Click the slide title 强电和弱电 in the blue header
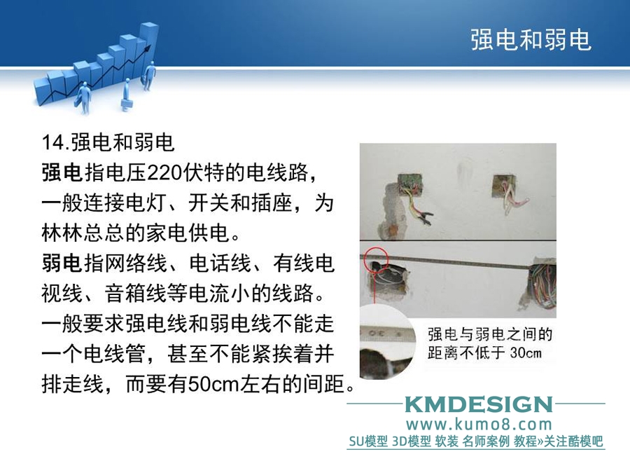pos(531,39)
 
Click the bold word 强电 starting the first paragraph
pos(62,172)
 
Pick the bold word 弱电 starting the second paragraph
pos(62,263)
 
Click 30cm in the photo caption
pos(526,352)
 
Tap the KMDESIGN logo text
pos(478,404)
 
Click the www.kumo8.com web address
pos(479,425)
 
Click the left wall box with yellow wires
pos(410,184)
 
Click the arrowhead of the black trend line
pos(148,48)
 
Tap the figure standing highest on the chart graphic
pos(150,76)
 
